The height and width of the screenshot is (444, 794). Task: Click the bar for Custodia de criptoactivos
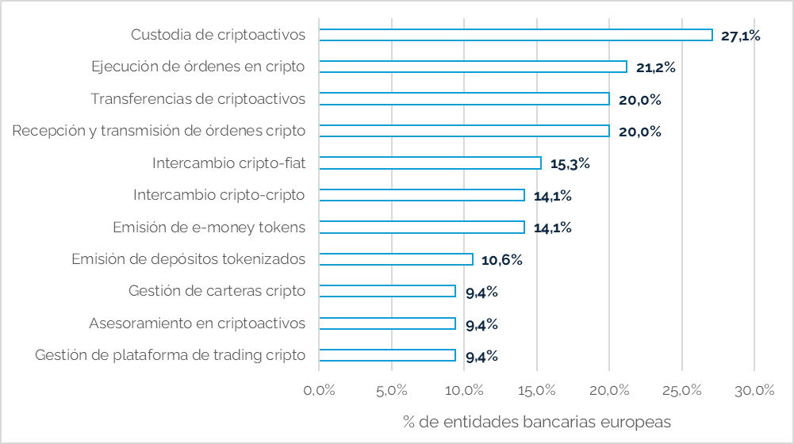click(516, 35)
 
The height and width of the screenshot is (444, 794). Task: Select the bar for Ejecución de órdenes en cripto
click(473, 67)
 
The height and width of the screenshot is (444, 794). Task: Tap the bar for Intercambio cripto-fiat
click(430, 163)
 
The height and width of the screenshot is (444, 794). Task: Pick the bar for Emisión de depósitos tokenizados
click(396, 259)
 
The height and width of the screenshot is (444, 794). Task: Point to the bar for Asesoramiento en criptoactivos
click(387, 323)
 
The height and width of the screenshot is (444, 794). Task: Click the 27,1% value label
click(741, 36)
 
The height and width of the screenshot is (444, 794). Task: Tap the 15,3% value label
click(570, 164)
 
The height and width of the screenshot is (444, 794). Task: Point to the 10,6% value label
click(501, 260)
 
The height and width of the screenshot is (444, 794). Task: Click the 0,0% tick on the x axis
click(319, 390)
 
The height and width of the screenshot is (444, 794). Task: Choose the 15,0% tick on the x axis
click(536, 390)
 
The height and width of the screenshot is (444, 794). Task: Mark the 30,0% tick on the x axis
click(754, 390)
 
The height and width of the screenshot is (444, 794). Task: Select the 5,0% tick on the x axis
click(391, 390)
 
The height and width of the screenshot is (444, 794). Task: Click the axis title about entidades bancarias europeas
click(537, 420)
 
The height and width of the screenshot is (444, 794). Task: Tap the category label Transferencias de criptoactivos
click(198, 99)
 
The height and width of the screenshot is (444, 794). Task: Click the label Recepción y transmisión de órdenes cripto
click(159, 131)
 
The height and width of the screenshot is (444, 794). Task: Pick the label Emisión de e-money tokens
click(209, 228)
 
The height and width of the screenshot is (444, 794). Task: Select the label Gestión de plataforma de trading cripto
click(170, 355)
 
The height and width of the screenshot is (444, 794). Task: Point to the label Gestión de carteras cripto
click(217, 291)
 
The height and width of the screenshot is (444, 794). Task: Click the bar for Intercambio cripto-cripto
click(421, 195)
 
